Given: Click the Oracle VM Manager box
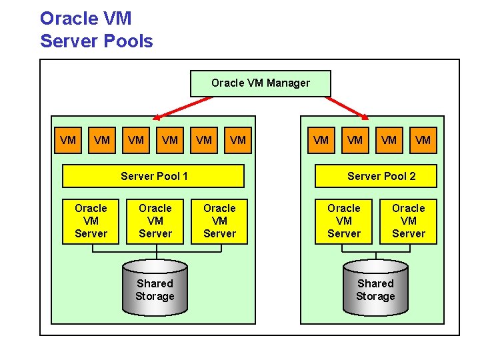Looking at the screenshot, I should pyautogui.click(x=261, y=83).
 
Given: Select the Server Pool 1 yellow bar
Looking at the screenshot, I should pyautogui.click(x=153, y=176).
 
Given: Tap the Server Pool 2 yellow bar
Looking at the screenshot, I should pyautogui.click(x=381, y=176).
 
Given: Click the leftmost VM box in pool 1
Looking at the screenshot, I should pyautogui.click(x=68, y=140).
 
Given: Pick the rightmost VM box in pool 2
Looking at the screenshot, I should pyautogui.click(x=423, y=140).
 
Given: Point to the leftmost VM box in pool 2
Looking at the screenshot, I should pyautogui.click(x=321, y=140).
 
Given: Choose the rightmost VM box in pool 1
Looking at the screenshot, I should pyautogui.click(x=237, y=140).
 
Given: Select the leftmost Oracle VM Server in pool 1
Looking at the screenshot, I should pyautogui.click(x=91, y=221).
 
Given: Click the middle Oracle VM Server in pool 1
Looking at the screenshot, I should pyautogui.click(x=155, y=221).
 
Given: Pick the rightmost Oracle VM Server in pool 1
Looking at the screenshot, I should pyautogui.click(x=219, y=221).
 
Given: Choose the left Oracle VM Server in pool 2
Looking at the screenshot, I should pyautogui.click(x=344, y=221).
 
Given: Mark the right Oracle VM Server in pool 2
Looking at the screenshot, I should pyautogui.click(x=408, y=221).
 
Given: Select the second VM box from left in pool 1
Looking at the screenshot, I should pyautogui.click(x=102, y=140).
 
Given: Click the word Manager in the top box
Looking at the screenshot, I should pyautogui.click(x=288, y=83).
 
